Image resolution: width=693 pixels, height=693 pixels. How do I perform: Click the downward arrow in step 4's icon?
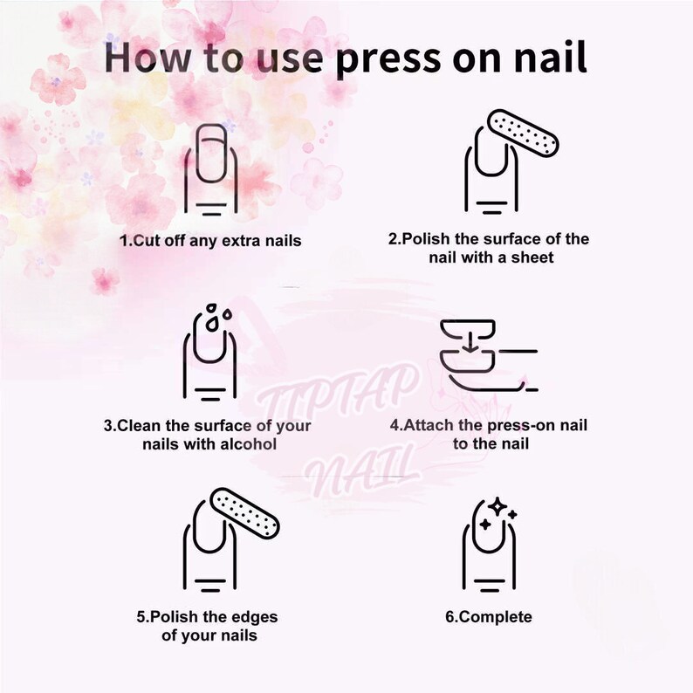470,338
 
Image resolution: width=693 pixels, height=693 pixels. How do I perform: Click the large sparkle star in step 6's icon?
497,508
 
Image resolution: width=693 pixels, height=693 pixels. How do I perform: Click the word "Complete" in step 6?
495,616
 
